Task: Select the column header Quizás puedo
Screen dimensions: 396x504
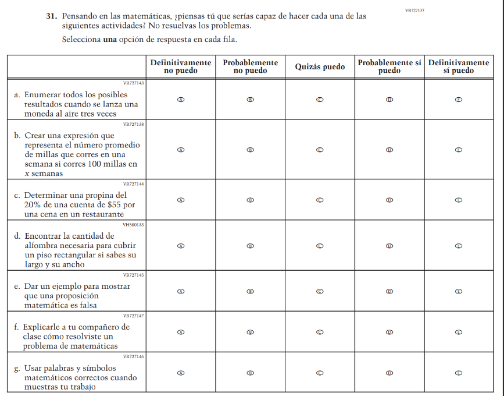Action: click(x=320, y=67)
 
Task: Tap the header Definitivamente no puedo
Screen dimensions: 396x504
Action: click(x=181, y=67)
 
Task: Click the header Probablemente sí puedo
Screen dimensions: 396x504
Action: click(x=389, y=67)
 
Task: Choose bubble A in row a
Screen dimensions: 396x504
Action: click(x=181, y=100)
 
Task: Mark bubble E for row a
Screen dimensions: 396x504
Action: click(x=459, y=100)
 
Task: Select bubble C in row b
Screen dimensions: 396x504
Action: click(x=320, y=150)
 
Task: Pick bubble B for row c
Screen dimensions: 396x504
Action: click(x=251, y=200)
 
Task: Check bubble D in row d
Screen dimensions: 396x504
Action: click(x=389, y=246)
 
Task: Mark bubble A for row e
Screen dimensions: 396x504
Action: click(x=181, y=291)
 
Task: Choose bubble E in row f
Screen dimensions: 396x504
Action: click(x=459, y=332)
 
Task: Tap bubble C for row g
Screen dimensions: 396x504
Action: click(x=320, y=373)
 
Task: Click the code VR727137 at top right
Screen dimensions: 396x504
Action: click(x=414, y=10)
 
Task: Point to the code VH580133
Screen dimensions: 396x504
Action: click(x=134, y=224)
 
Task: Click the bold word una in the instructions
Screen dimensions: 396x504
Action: click(x=110, y=40)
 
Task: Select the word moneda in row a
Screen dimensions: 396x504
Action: click(x=38, y=114)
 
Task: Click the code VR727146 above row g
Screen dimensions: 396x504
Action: click(x=134, y=356)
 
